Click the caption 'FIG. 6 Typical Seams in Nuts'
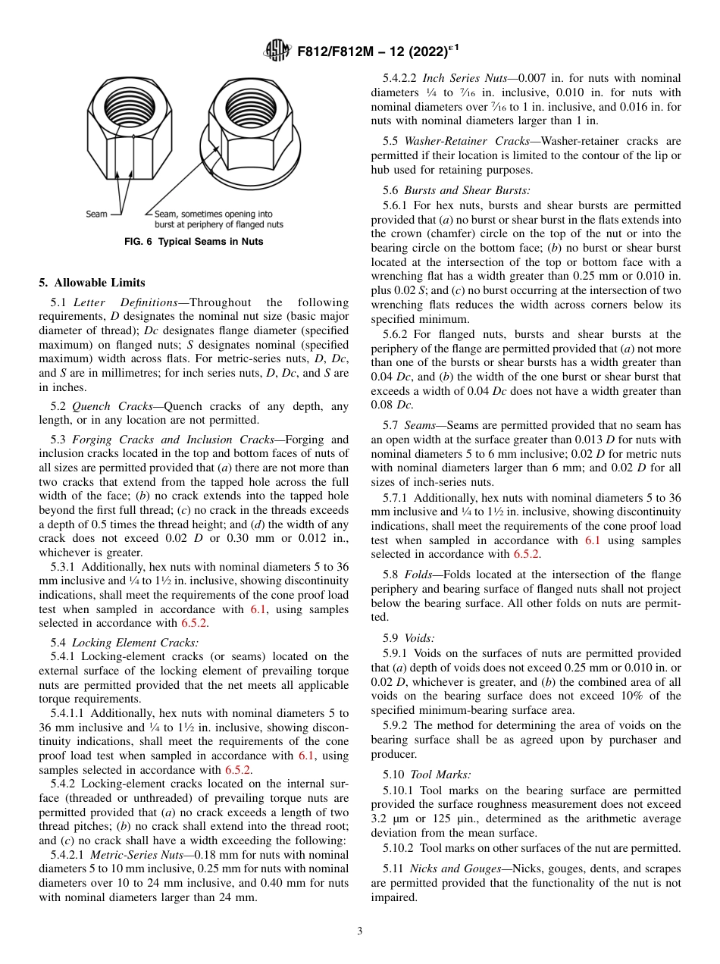click(194, 243)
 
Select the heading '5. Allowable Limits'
click(92, 283)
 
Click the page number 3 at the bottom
click(359, 931)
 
